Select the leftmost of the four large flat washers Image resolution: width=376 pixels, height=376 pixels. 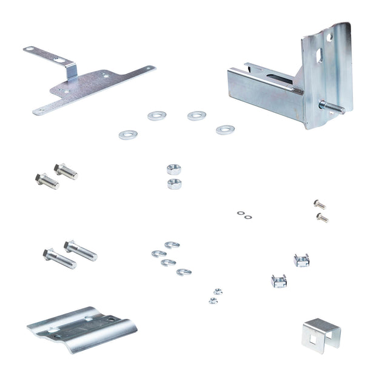[128, 135]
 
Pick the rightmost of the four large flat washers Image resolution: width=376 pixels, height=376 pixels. [225, 129]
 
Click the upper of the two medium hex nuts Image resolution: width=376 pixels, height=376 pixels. [174, 169]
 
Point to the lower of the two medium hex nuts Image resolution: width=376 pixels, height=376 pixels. [175, 183]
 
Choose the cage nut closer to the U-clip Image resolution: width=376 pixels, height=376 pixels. [301, 260]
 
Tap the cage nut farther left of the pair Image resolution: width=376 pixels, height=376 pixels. [278, 281]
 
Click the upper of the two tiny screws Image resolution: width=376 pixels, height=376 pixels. [320, 204]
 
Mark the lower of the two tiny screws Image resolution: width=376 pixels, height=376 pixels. [322, 217]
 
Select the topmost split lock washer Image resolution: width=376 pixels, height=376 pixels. [172, 245]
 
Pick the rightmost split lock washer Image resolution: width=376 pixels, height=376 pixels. [184, 272]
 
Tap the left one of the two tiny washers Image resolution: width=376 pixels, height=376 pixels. [241, 213]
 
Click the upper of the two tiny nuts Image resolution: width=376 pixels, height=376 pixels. [218, 292]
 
